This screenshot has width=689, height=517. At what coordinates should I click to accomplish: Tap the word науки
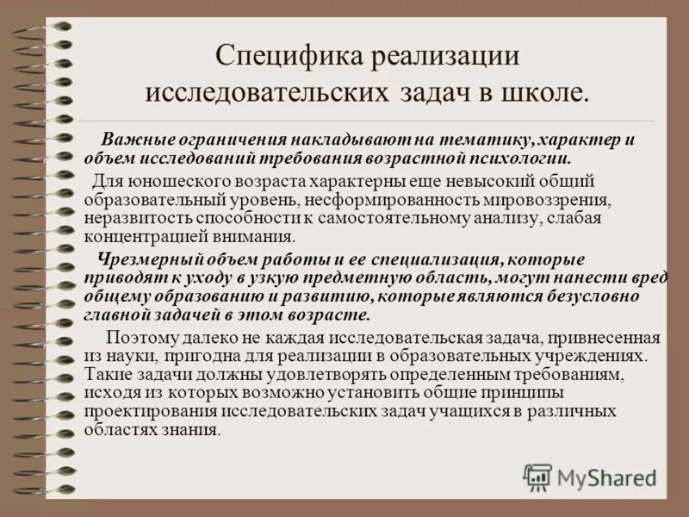(128, 355)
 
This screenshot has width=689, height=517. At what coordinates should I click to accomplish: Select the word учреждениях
(599, 355)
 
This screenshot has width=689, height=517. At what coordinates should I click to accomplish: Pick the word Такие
(104, 374)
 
